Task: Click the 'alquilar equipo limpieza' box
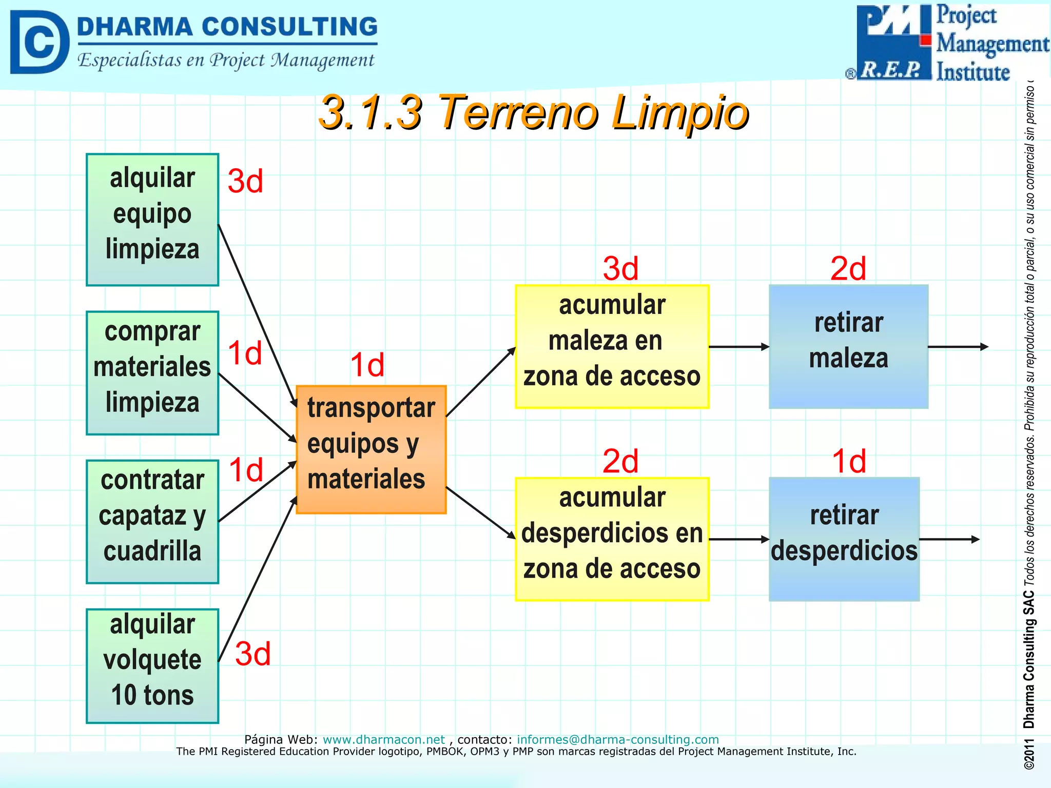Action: (152, 220)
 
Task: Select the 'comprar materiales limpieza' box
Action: (152, 373)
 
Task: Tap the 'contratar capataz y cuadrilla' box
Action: (152, 522)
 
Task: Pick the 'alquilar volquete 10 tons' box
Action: (152, 666)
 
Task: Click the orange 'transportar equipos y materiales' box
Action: (371, 449)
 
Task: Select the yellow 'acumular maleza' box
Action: (612, 347)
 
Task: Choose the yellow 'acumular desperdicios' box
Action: (612, 539)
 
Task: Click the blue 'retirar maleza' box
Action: (848, 347)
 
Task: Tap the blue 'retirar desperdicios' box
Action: (844, 539)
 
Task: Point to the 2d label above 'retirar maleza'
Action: (848, 269)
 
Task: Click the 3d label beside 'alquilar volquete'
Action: (252, 654)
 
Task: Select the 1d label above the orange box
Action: (367, 365)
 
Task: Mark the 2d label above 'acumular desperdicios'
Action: (620, 461)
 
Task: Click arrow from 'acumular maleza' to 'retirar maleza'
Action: (739, 347)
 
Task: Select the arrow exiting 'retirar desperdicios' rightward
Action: (949, 539)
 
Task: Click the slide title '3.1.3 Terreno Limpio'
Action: (534, 112)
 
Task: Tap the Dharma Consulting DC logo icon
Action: (39, 42)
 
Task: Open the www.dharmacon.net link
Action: (383, 739)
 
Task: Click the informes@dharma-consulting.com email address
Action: (617, 739)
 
